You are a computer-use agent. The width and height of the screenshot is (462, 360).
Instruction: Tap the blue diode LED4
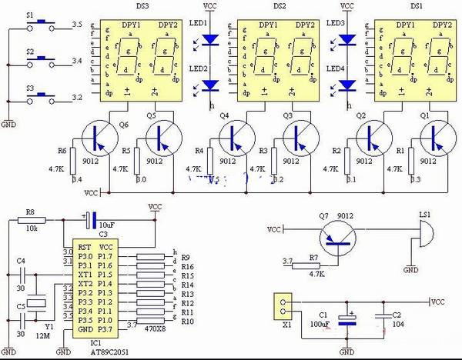[347, 86]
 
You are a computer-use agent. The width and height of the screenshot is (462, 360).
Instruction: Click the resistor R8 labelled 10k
[32, 220]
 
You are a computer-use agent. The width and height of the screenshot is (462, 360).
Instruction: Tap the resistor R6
[73, 159]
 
